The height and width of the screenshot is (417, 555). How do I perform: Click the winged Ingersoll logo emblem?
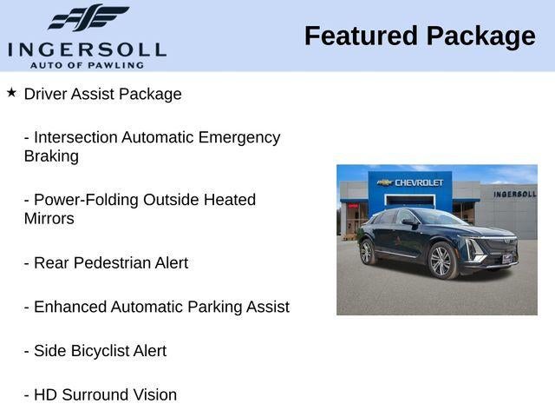pyautogui.click(x=88, y=17)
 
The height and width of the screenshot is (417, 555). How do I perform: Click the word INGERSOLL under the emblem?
pyautogui.click(x=87, y=50)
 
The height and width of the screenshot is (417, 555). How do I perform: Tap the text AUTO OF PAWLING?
pyautogui.click(x=87, y=65)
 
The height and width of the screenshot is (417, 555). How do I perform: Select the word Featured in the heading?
pyautogui.click(x=361, y=36)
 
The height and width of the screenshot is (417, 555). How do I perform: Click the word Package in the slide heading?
pyautogui.click(x=481, y=37)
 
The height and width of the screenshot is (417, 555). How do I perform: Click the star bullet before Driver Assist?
pyautogui.click(x=11, y=93)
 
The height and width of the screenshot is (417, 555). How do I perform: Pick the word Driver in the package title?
pyautogui.click(x=45, y=94)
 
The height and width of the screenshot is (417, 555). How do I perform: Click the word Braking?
pyautogui.click(x=51, y=156)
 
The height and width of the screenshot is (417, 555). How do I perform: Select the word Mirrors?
pyautogui.click(x=49, y=218)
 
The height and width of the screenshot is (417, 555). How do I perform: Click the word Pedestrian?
pyautogui.click(x=112, y=262)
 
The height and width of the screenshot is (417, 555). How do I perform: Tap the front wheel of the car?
pyautogui.click(x=442, y=261)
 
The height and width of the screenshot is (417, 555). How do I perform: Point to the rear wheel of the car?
pyautogui.click(x=368, y=252)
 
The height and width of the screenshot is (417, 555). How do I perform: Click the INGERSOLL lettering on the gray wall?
pyautogui.click(x=515, y=194)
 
